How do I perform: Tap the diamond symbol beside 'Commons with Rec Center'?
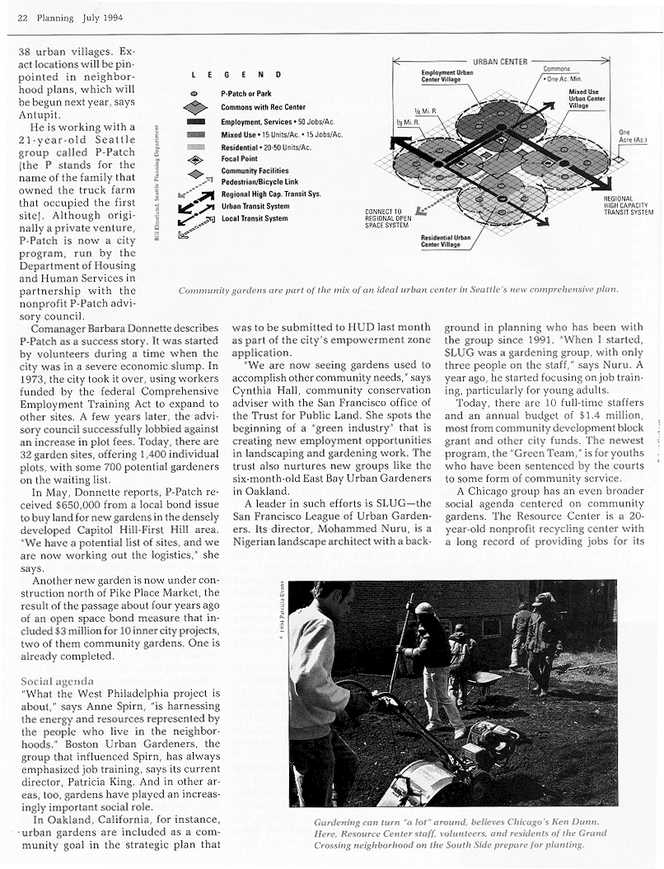195,107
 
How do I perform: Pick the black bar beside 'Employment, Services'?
194,122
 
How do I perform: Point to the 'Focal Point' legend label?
239,158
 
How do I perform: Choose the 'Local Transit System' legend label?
254,218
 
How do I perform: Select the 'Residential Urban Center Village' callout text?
445,241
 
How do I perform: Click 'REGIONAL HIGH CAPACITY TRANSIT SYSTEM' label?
629,205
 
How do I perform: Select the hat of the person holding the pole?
423,609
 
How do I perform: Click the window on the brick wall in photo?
491,627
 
